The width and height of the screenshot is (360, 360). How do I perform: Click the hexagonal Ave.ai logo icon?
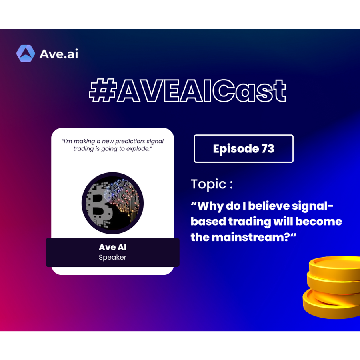tap(26, 54)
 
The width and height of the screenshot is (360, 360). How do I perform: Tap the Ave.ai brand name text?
tap(59, 54)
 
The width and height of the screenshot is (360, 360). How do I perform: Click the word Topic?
tap(208, 184)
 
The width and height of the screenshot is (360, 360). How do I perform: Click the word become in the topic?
tap(318, 221)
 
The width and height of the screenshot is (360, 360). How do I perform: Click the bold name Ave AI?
tap(112, 247)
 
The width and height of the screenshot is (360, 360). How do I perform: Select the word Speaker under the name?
tap(112, 257)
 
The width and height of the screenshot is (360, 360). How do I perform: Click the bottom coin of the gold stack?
tap(331, 305)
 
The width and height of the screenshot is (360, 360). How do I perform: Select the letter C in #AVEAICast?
tap(224, 90)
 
